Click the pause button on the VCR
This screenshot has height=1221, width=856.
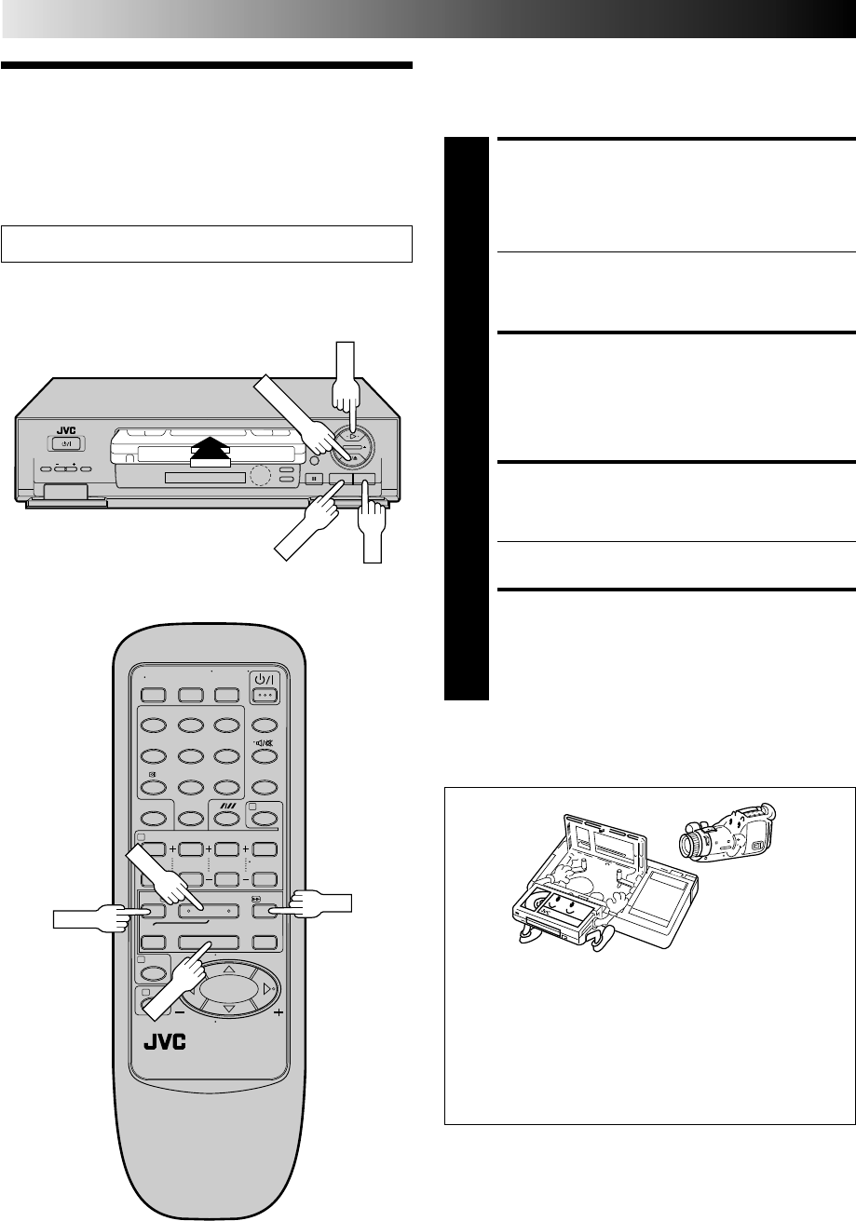(x=315, y=480)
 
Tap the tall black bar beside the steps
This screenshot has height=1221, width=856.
(x=467, y=418)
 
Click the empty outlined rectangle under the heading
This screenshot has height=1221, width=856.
(x=207, y=244)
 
